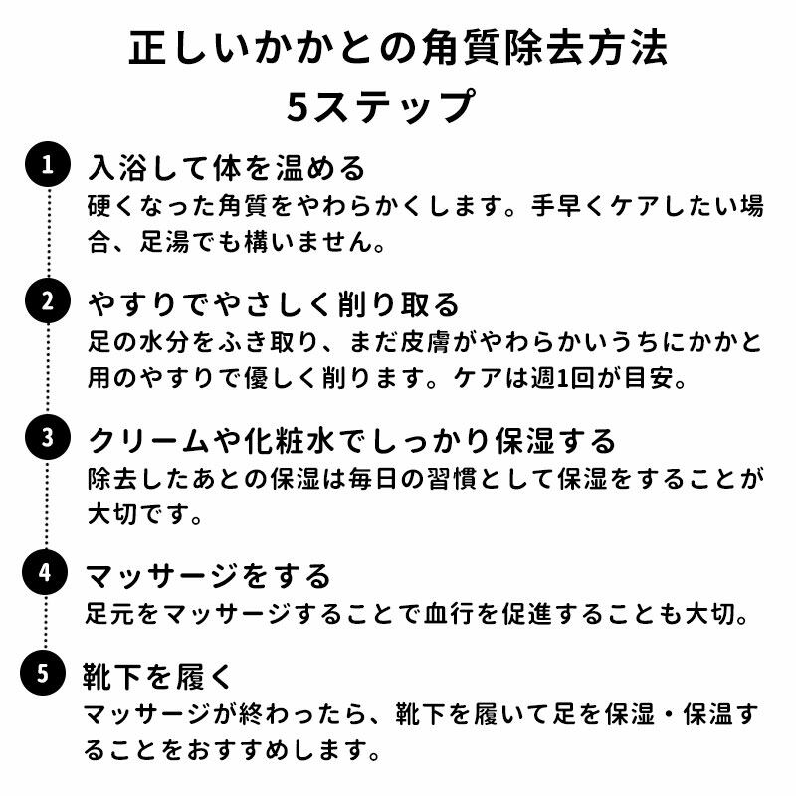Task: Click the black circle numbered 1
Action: click(x=47, y=165)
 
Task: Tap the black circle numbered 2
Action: click(x=47, y=301)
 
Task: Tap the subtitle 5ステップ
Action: click(x=398, y=107)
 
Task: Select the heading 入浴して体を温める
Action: click(x=228, y=166)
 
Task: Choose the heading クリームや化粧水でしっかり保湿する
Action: click(x=353, y=439)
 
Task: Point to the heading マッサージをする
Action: click(x=208, y=575)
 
